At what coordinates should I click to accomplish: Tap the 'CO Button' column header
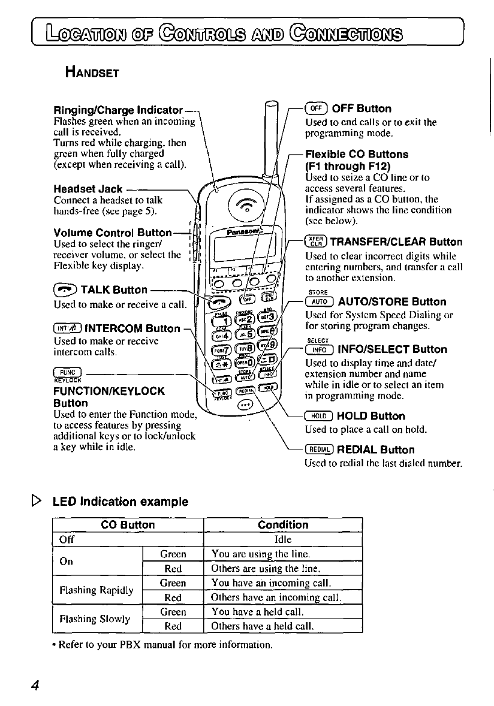click(128, 525)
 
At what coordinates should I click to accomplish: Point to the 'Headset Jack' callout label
click(88, 189)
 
